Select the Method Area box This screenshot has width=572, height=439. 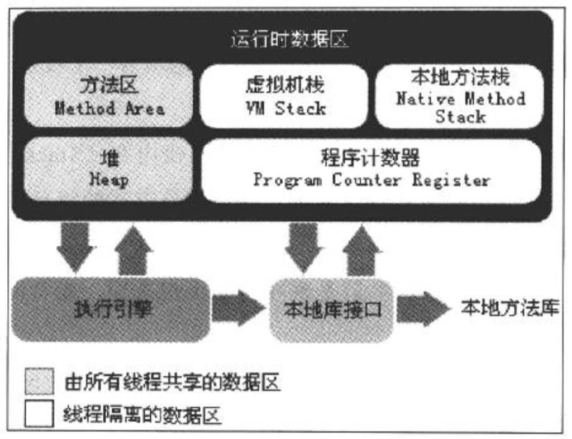tap(109, 96)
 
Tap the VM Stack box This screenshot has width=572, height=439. tap(284, 96)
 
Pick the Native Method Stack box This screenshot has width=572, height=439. tap(460, 96)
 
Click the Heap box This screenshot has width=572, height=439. tap(109, 169)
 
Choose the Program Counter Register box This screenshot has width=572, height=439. tap(371, 170)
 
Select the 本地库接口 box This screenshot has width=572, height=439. tap(332, 309)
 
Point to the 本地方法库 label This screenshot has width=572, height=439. tap(509, 308)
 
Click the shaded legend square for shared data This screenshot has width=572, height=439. tap(39, 383)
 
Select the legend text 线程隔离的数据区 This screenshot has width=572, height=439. tap(142, 416)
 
